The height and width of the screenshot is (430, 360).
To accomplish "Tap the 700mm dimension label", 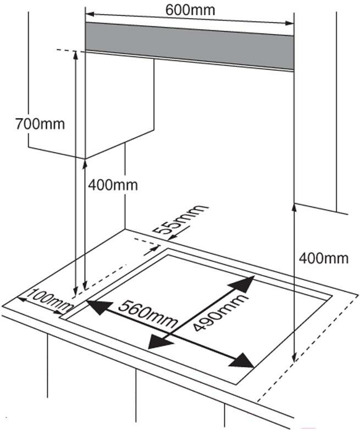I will [x=40, y=124].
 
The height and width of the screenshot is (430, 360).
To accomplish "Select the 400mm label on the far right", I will [x=324, y=257].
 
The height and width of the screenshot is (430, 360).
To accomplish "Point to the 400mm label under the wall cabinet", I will [x=113, y=185].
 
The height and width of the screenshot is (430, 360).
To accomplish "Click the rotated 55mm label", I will [x=181, y=219].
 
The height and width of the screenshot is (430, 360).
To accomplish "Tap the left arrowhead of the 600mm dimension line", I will [x=89, y=13].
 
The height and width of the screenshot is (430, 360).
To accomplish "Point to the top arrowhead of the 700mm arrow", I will [x=76, y=54].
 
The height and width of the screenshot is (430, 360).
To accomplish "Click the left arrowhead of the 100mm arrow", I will [x=21, y=299].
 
